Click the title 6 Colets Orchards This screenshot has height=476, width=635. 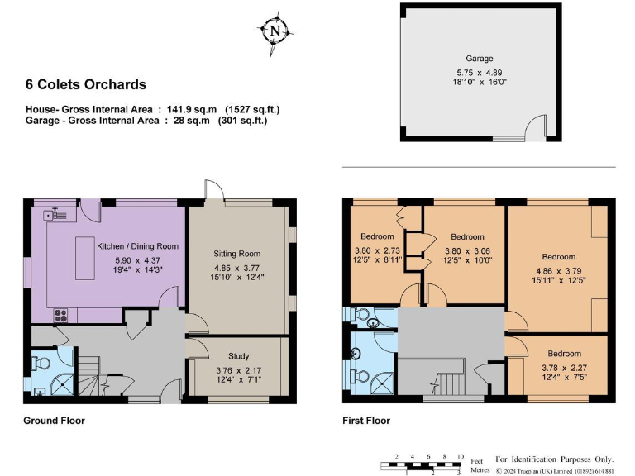(86, 84)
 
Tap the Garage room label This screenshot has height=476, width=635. (479, 59)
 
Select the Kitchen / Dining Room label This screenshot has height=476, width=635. (137, 246)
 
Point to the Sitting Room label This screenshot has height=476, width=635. (237, 254)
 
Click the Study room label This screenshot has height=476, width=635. (238, 356)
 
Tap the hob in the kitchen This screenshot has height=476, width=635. (60, 314)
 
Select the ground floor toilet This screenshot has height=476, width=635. (41, 361)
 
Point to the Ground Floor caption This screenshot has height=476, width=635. (54, 421)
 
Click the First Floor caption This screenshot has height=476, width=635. (366, 421)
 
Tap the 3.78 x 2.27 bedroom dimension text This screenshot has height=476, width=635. (563, 368)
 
